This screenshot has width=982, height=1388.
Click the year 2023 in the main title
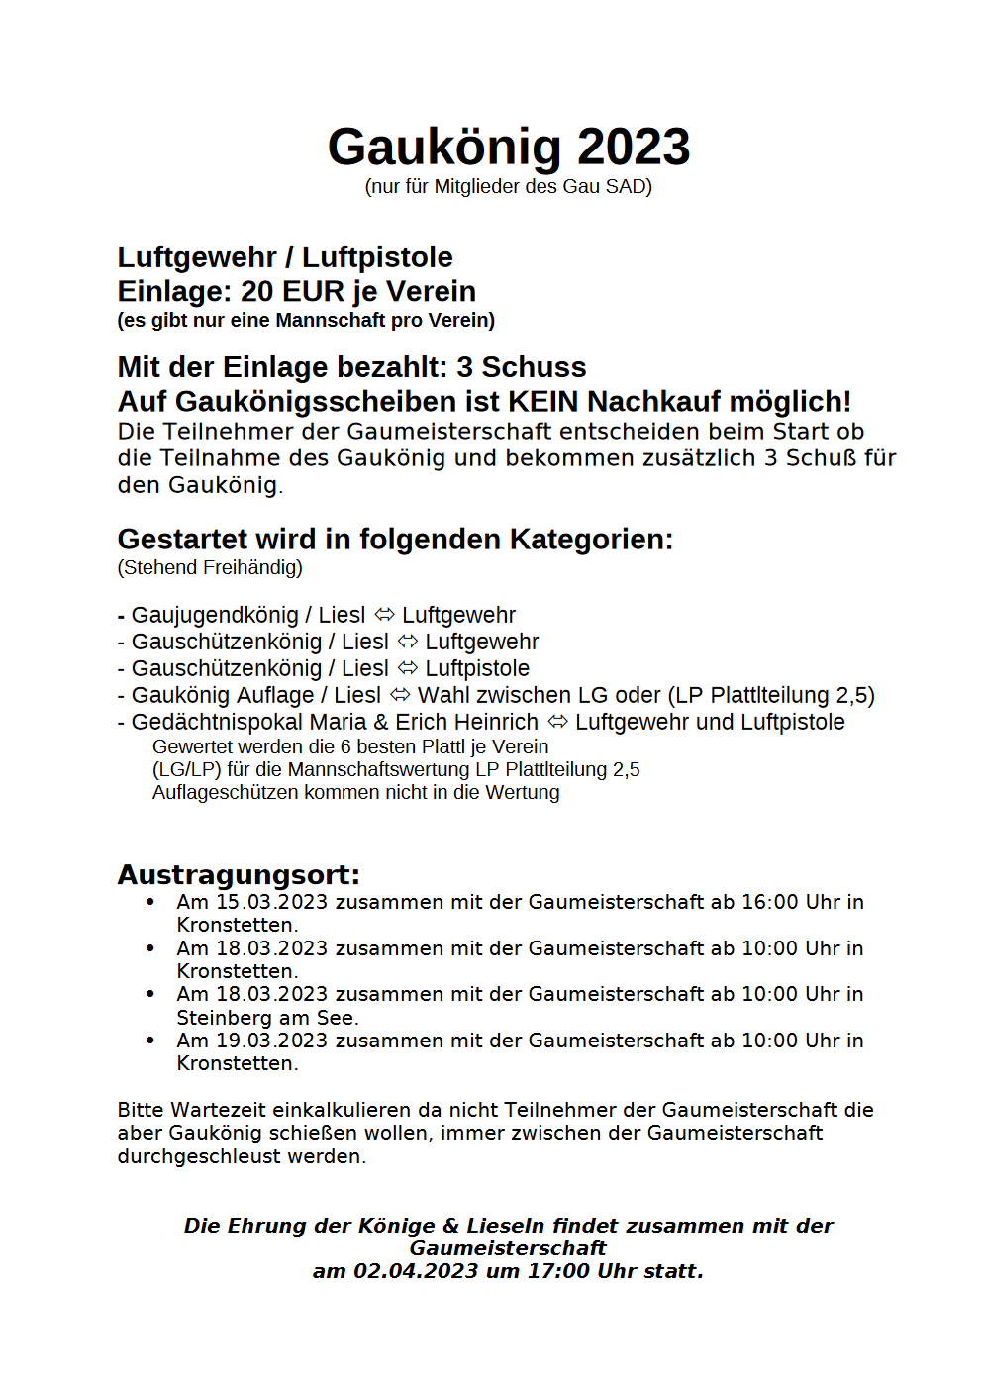pyautogui.click(x=634, y=148)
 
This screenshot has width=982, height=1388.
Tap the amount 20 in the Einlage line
pyautogui.click(x=256, y=292)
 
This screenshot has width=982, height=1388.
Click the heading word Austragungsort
pyautogui.click(x=238, y=875)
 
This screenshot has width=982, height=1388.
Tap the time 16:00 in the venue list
pyautogui.click(x=769, y=902)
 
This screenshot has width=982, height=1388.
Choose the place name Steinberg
pyautogui.click(x=218, y=1018)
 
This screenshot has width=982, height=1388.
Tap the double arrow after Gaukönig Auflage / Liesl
pyautogui.click(x=400, y=695)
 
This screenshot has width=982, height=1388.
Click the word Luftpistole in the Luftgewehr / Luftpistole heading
pyautogui.click(x=377, y=257)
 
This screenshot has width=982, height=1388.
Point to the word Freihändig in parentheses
pyautogui.click(x=252, y=567)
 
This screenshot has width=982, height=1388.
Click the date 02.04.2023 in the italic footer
pyautogui.click(x=416, y=1271)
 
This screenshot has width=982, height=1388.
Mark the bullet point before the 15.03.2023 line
pyautogui.click(x=150, y=902)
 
